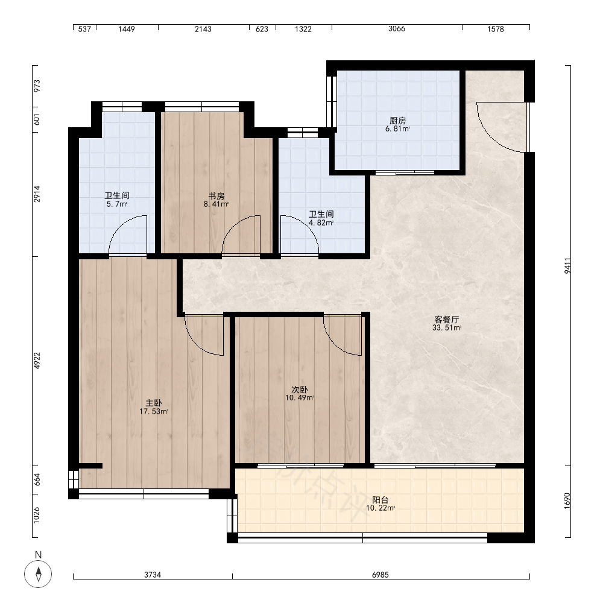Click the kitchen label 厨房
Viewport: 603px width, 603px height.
(397, 121)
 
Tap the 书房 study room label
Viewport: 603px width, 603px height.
(216, 196)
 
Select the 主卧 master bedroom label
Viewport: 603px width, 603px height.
(154, 403)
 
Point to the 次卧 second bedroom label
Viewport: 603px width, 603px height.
(300, 390)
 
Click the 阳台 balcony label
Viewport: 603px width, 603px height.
(380, 500)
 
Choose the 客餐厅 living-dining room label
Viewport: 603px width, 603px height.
(446, 320)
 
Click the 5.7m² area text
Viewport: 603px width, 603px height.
(117, 204)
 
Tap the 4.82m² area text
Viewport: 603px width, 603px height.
(321, 223)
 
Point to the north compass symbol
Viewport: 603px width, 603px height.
(38, 574)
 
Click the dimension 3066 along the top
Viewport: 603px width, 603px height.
(397, 29)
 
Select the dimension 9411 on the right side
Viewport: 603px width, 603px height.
(567, 266)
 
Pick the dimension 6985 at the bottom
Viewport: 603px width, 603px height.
(380, 575)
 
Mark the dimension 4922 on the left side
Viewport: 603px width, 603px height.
(37, 361)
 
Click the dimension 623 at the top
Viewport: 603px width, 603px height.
(262, 29)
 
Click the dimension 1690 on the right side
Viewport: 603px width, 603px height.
(567, 501)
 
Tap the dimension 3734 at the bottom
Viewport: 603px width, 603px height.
(153, 575)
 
